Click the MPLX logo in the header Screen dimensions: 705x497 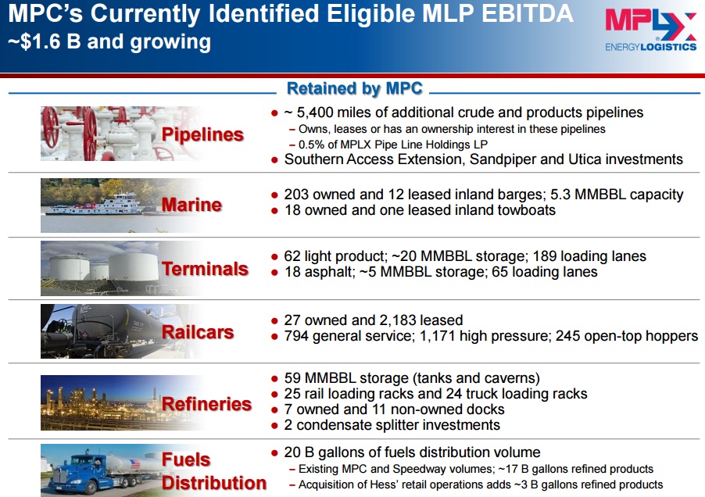coord(650,30)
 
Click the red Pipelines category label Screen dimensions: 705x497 coord(202,134)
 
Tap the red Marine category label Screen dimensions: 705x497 coord(191,205)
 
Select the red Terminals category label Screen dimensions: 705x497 coord(205,269)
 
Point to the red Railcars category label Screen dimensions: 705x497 coord(198,332)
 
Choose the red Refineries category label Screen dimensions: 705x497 coord(206,404)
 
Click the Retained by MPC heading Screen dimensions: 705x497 coord(355,88)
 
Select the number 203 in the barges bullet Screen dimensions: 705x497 coord(296,194)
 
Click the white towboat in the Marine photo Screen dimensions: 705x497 coord(95,205)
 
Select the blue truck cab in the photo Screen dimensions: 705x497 coord(77,474)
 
